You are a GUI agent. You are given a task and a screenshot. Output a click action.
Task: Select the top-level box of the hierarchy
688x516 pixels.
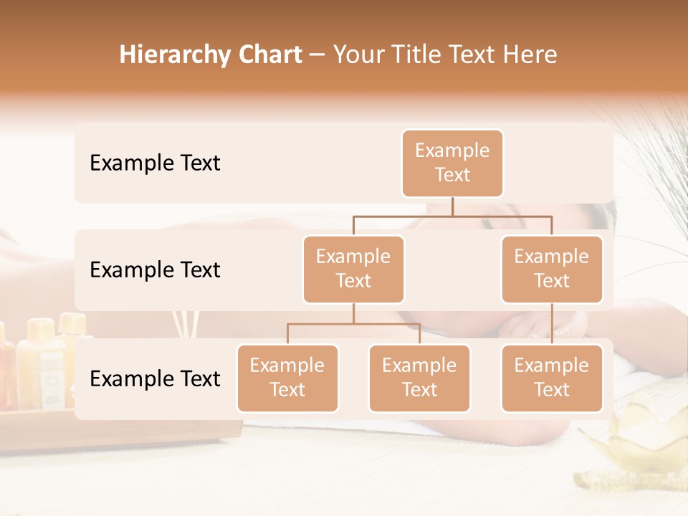tap(452, 163)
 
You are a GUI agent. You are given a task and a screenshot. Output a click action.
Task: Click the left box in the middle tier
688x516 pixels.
tap(353, 269)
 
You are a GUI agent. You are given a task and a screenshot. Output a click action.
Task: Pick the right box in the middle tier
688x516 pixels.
tap(551, 269)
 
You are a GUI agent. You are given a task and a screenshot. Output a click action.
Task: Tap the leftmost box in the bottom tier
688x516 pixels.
tap(287, 378)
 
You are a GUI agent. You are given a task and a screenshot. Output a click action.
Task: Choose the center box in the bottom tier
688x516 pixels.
tap(419, 378)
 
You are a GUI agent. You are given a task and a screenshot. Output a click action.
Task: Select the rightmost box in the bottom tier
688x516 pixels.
tap(551, 378)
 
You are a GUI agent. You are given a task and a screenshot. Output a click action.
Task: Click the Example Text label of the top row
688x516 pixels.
tap(155, 163)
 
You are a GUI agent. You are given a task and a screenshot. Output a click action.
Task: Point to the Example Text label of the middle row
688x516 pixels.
tap(155, 269)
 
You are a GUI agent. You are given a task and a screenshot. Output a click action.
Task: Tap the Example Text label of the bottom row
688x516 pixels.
tap(155, 378)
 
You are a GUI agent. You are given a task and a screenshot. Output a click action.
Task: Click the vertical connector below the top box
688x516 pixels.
tap(452, 206)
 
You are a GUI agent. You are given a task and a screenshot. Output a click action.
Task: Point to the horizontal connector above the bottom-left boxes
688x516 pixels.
tap(353, 324)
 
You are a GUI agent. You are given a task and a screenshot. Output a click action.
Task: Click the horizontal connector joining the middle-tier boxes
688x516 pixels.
tap(452, 216)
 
